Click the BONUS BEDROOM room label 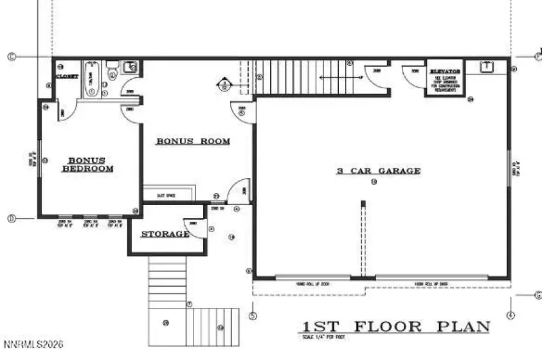coord(88,165)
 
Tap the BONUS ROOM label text coord(193,141)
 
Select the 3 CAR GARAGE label coord(379,171)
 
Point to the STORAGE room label coord(165,233)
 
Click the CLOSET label coord(67,76)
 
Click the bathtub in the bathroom coord(91,79)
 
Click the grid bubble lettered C coord(12,57)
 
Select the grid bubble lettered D coord(12,219)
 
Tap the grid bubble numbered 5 coord(253,315)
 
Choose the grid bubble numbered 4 coord(510,315)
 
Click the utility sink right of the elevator coord(487,66)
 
